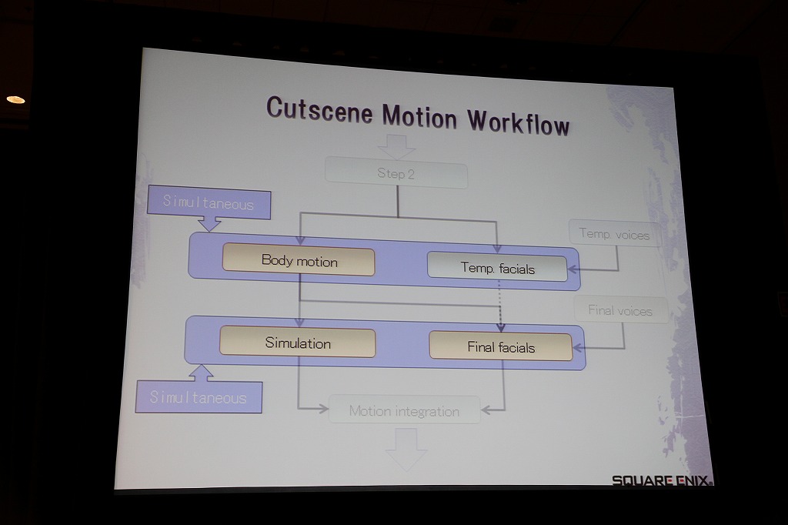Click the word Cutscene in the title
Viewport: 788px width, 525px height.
click(319, 109)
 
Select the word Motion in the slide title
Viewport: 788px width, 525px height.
click(419, 115)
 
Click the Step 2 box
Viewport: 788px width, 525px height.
click(396, 173)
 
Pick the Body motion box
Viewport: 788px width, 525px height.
click(299, 261)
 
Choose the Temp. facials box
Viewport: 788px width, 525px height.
click(498, 267)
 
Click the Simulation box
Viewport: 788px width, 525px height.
click(298, 343)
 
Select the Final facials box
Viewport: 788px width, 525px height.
click(501, 346)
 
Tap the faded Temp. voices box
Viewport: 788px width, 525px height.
click(614, 233)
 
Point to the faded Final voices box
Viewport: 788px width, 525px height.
click(621, 310)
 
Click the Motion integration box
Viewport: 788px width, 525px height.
click(405, 410)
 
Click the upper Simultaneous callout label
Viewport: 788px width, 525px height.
click(209, 202)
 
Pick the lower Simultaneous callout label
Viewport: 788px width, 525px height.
click(199, 397)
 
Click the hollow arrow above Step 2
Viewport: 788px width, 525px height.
click(396, 147)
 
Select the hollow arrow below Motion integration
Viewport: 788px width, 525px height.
click(406, 449)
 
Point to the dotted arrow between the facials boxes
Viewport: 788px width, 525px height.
click(499, 306)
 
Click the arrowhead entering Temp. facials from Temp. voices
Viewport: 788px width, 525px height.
click(573, 269)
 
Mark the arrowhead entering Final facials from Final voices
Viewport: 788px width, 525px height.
click(578, 347)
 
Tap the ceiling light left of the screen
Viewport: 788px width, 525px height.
click(15, 99)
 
